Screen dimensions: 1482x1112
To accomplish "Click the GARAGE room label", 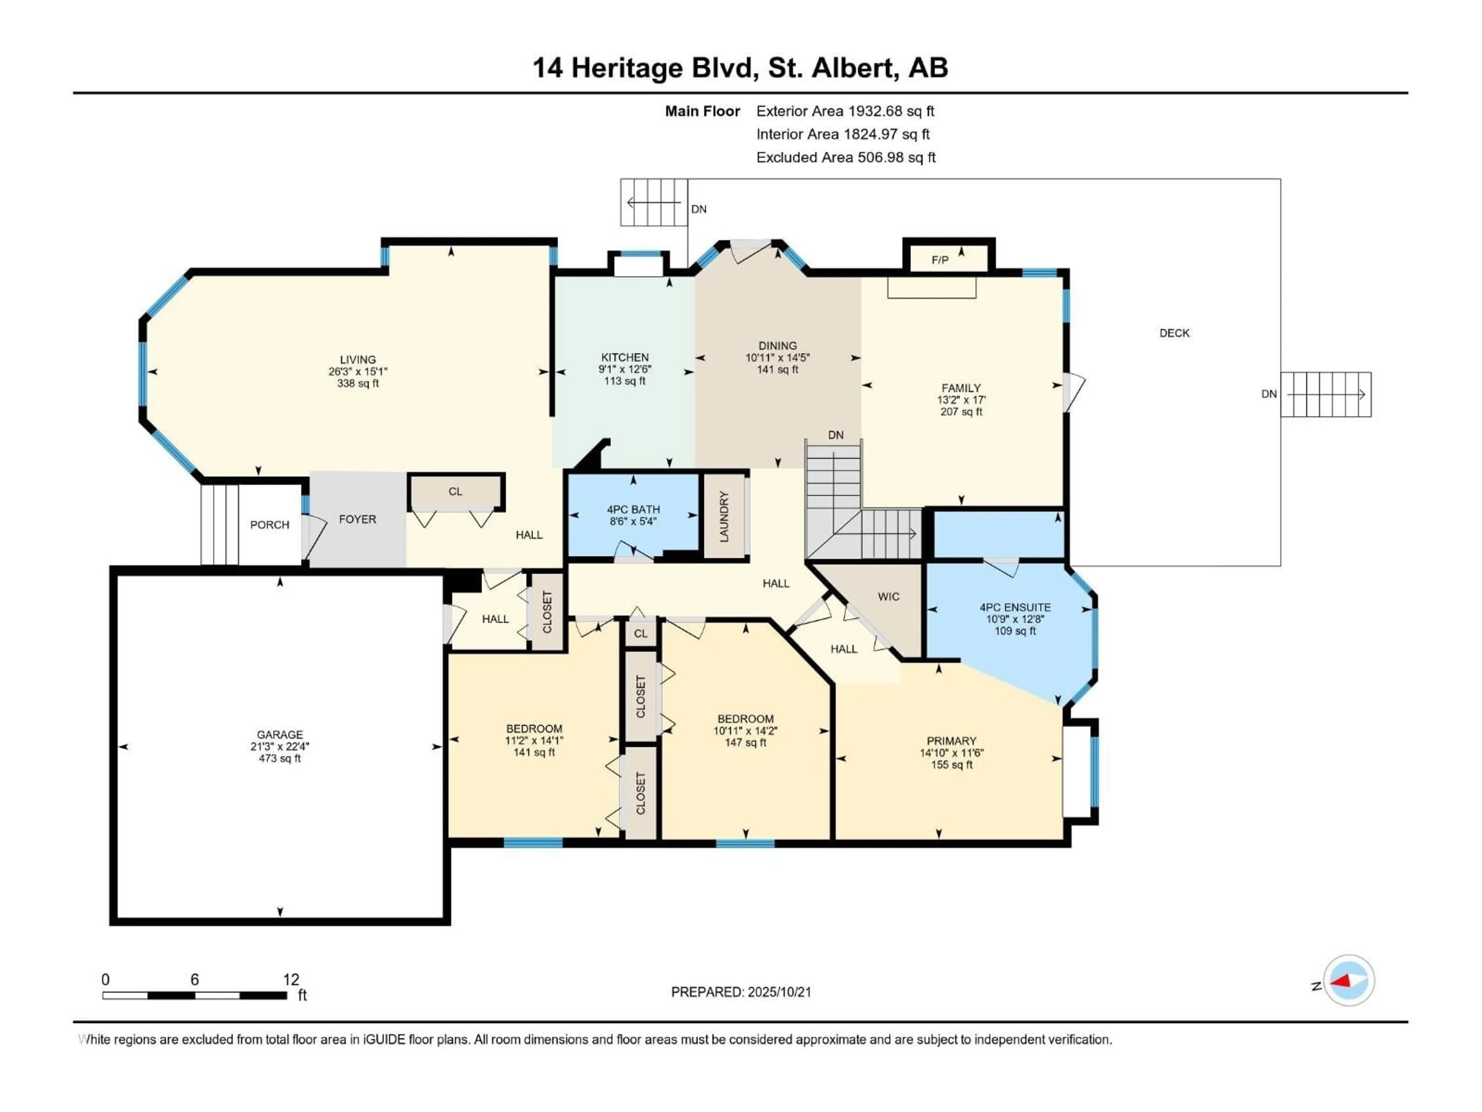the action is click(280, 735).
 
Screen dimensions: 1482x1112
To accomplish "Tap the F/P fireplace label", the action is click(940, 260).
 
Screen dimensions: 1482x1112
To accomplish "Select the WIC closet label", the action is click(888, 597).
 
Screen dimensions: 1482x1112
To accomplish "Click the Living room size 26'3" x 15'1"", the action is click(358, 371).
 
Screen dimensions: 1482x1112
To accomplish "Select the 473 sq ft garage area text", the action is click(280, 758).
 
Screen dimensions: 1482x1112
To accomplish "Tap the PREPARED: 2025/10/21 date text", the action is click(741, 992).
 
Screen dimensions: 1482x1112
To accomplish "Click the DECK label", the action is click(1174, 333).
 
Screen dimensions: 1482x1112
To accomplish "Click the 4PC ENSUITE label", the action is click(1015, 607).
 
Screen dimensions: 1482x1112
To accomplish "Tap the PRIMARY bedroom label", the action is click(951, 741).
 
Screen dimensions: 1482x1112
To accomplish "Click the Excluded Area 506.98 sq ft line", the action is click(846, 158).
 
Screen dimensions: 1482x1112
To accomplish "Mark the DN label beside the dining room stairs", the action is click(836, 435).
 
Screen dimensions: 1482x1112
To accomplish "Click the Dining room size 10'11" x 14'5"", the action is click(778, 358).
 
